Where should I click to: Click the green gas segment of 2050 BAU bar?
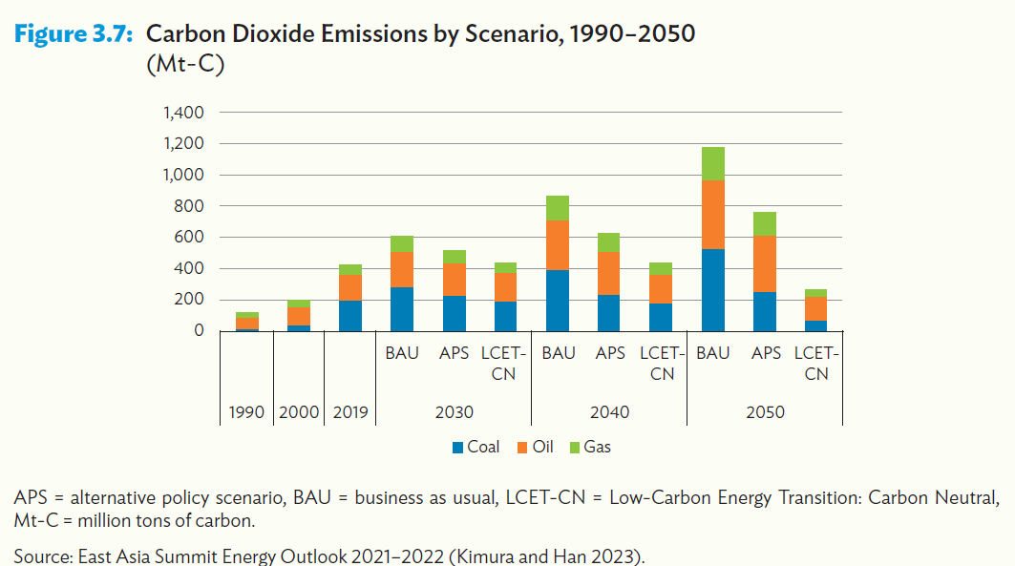coord(713,163)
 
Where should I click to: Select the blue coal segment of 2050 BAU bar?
coord(713,289)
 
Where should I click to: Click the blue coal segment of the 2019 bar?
coord(350,315)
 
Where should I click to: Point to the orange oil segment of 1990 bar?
coord(247,323)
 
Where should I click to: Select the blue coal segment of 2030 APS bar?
coord(454,313)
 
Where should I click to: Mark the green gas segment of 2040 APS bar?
coord(609,242)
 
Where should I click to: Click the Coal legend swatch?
coord(457,447)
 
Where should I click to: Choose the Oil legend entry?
coord(534,447)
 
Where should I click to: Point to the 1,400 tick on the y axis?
coord(184,113)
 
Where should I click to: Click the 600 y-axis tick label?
coord(191,238)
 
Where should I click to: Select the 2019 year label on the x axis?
coord(350,412)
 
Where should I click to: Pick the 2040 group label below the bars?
coord(609,412)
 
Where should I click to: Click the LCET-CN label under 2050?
coord(816,364)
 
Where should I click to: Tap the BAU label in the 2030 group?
coord(402,353)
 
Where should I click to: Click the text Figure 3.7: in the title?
coord(75,35)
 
